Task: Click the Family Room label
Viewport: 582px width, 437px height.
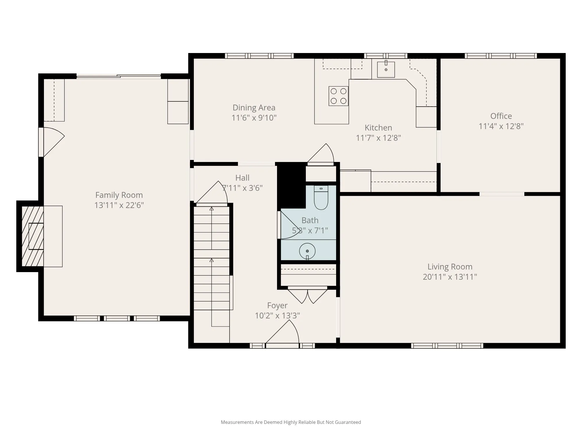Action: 119,195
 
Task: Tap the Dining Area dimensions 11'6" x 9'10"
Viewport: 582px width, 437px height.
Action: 254,118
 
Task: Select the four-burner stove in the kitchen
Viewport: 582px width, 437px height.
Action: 338,96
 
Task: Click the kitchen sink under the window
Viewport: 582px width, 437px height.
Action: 386,69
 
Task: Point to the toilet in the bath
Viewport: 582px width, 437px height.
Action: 321,198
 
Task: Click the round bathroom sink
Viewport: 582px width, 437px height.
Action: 307,251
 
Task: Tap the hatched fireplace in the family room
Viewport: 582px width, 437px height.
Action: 33,236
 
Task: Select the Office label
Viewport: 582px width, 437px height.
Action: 501,116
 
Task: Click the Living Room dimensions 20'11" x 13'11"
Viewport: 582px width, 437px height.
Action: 450,277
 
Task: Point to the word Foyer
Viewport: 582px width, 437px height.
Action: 277,305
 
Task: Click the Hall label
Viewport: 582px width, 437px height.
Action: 242,178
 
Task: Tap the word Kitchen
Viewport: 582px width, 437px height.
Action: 378,128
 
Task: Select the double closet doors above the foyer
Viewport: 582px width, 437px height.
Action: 308,295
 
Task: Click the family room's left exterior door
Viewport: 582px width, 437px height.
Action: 52,142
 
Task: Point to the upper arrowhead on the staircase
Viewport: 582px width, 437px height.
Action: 212,209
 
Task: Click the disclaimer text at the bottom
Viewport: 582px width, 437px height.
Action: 291,422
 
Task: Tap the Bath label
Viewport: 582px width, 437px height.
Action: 310,220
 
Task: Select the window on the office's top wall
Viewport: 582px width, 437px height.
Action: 501,56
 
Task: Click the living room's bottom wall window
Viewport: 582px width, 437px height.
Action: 447,346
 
